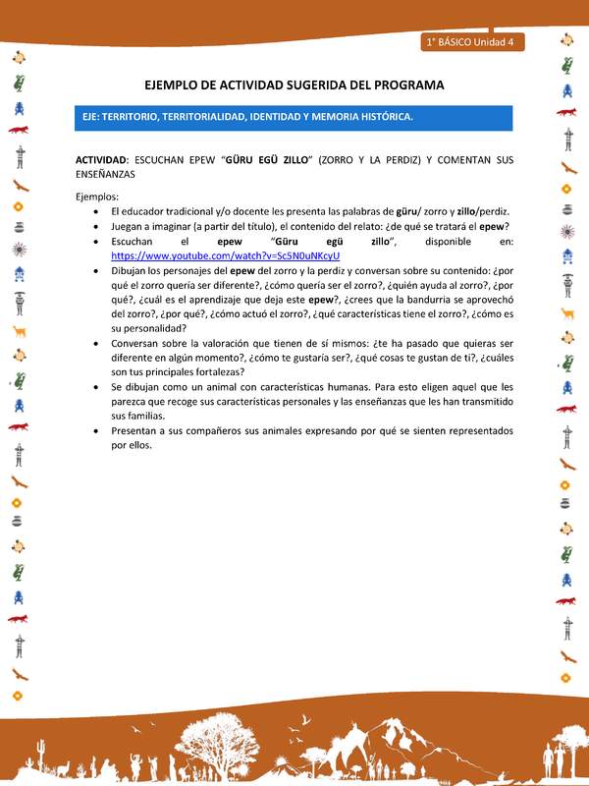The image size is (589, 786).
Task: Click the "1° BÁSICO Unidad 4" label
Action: click(x=475, y=42)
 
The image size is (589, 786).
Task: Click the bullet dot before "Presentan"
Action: click(x=93, y=431)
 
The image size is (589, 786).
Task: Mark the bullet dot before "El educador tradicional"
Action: click(x=93, y=211)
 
